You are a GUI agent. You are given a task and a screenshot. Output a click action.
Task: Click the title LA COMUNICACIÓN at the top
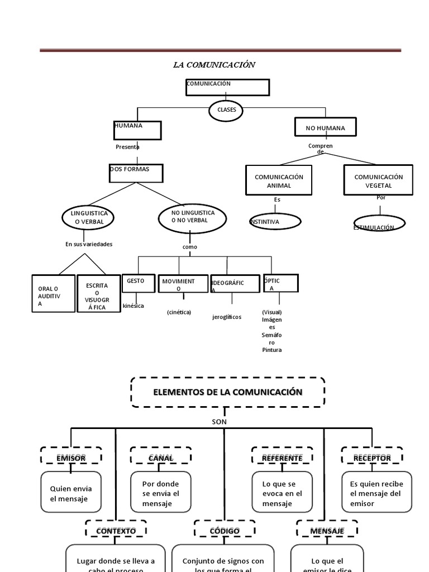214,65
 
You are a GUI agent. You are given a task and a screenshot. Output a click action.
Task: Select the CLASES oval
226,110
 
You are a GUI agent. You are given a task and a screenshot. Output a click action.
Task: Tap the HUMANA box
137,130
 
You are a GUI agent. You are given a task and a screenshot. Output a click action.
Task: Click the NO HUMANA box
325,128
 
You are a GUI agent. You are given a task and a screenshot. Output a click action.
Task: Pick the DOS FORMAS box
136,173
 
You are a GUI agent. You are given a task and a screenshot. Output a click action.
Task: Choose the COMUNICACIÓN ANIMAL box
279,180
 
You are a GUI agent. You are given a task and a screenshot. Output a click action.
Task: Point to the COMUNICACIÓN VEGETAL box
378,180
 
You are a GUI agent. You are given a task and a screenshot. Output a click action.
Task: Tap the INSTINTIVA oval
275,222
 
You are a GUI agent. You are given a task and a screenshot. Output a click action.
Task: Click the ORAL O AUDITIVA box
53,294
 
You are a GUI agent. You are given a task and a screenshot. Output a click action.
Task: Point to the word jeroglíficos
227,317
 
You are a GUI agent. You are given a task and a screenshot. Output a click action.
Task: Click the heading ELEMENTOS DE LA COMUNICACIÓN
227,392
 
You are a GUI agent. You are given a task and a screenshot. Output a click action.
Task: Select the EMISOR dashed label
71,457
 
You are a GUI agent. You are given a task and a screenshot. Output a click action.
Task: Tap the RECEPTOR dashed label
372,457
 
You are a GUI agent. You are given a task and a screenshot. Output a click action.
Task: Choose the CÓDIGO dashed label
225,530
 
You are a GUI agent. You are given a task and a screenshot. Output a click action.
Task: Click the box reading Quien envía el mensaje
71,493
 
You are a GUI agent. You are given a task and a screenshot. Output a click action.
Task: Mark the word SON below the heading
220,422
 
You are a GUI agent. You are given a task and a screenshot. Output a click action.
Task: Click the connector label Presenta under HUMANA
127,147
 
